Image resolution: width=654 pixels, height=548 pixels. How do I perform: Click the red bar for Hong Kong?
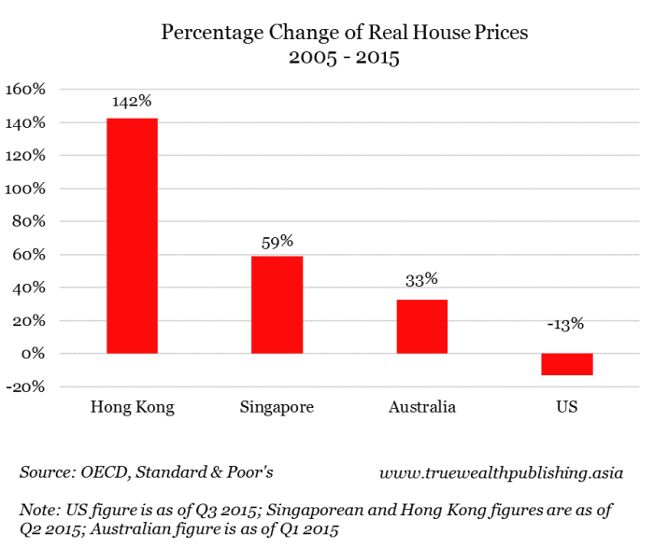coord(132,236)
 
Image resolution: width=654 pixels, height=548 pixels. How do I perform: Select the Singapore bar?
coord(277,304)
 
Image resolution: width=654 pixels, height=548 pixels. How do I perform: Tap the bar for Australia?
coord(421,326)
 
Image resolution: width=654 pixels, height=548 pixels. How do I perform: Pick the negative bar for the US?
coord(566,364)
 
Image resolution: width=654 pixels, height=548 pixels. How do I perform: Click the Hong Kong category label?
coord(132,408)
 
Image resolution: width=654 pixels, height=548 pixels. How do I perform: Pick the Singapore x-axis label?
coord(277,408)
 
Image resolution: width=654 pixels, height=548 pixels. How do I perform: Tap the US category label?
coord(566,408)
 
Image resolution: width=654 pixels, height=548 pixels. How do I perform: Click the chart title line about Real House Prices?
coord(345,33)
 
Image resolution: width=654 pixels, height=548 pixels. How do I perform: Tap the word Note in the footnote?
coord(39,510)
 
